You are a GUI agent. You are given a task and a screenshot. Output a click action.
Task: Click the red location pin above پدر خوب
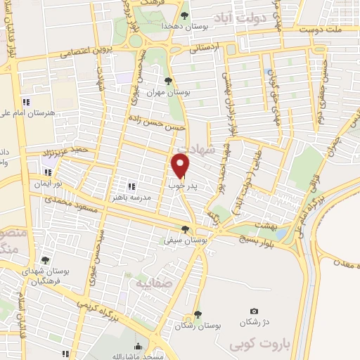click(181, 166)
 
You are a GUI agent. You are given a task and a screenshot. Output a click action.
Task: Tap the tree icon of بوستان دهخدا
click(184, 15)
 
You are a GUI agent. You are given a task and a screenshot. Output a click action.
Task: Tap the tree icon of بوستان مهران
click(167, 80)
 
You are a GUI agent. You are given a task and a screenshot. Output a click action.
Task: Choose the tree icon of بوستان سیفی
click(185, 229)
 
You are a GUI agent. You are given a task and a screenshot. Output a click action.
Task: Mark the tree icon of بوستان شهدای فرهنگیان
click(45, 260)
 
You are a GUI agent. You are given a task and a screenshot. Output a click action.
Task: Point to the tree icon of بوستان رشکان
click(198, 315)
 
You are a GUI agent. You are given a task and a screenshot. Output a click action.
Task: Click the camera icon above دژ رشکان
click(254, 311)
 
